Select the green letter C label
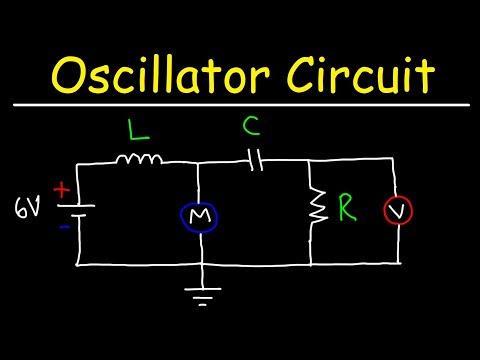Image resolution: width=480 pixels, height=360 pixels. click(252, 127)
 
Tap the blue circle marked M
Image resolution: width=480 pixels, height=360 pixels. click(202, 215)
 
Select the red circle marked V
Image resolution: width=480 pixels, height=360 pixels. click(399, 212)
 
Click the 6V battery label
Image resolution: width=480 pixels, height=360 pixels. click(27, 209)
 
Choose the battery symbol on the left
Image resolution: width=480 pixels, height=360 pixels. click(80, 210)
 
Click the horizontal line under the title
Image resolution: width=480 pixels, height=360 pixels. click(240, 104)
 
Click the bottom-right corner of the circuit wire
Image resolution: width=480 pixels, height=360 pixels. click(400, 265)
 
